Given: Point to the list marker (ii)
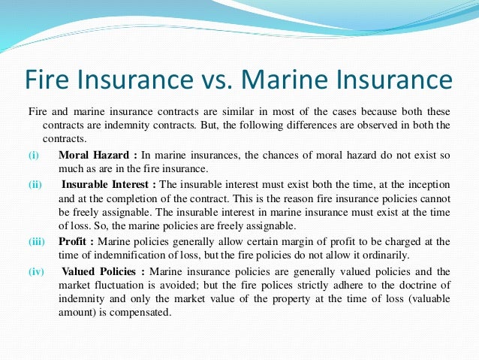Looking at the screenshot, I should tap(35, 183).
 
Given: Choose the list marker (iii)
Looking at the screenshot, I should tap(37, 241).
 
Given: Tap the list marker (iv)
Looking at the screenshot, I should tap(36, 271).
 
